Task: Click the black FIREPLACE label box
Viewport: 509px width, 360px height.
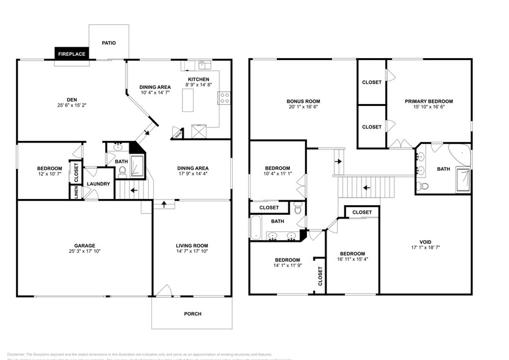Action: pyautogui.click(x=72, y=54)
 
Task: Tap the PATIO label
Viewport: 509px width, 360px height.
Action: pyautogui.click(x=108, y=43)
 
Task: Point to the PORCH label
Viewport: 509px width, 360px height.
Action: pyautogui.click(x=192, y=314)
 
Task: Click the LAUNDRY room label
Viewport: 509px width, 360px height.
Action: pyautogui.click(x=98, y=184)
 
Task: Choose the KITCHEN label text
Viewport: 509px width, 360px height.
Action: pyautogui.click(x=198, y=80)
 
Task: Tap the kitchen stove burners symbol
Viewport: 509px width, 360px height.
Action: pyautogui.click(x=224, y=96)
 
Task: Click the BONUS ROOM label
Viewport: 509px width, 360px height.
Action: pyautogui.click(x=304, y=101)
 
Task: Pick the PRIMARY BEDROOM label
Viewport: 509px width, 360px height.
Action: pyautogui.click(x=429, y=101)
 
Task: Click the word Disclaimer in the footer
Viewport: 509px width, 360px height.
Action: pyautogui.click(x=19, y=354)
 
